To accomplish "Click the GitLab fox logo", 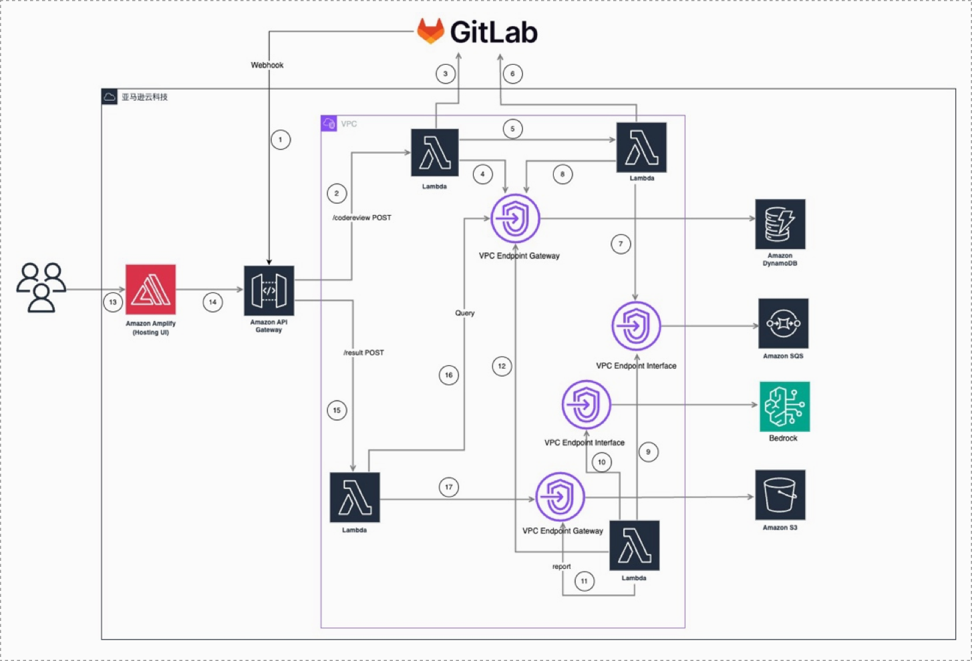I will (431, 31).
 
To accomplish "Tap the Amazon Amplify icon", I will (151, 289).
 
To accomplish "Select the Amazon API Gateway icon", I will (269, 290).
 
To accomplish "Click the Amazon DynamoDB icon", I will (780, 224).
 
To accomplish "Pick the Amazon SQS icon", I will (783, 323).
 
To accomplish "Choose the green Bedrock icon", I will (784, 407).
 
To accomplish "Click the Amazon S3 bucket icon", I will (780, 495).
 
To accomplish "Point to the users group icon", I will (41, 287).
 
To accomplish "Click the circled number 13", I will (113, 302).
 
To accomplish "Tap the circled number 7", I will (621, 244).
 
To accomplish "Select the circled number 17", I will (449, 487).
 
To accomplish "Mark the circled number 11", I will (585, 581).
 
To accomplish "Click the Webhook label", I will (267, 65).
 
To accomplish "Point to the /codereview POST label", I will (362, 218).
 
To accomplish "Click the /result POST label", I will (364, 353).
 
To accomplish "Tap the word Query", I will (465, 313).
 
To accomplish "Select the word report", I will (562, 567).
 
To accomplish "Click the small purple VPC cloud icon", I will (329, 124).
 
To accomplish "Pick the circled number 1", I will (281, 140).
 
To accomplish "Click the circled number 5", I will (513, 129).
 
